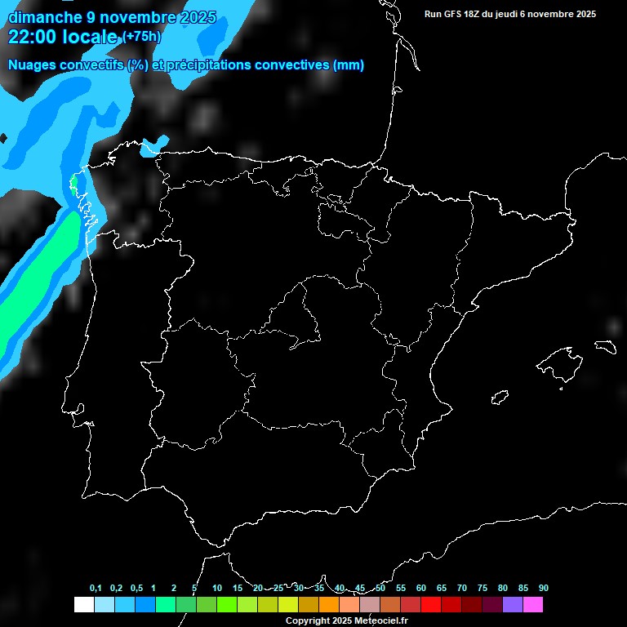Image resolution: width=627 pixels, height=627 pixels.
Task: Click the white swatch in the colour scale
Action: (84, 604)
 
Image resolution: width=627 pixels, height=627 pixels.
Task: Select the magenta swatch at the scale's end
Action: (533, 604)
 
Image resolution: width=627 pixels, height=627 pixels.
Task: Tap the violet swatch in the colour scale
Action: (513, 604)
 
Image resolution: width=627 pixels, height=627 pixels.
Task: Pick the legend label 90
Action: (544, 589)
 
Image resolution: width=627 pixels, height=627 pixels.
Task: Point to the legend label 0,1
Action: (96, 589)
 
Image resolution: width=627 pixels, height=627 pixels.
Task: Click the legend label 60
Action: (421, 589)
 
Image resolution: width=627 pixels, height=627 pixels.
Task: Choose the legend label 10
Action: (217, 589)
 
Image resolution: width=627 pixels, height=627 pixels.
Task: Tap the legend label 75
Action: (482, 589)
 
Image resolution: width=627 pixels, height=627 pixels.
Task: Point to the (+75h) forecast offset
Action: (142, 37)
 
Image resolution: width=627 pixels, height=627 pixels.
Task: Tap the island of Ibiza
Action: (500, 398)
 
